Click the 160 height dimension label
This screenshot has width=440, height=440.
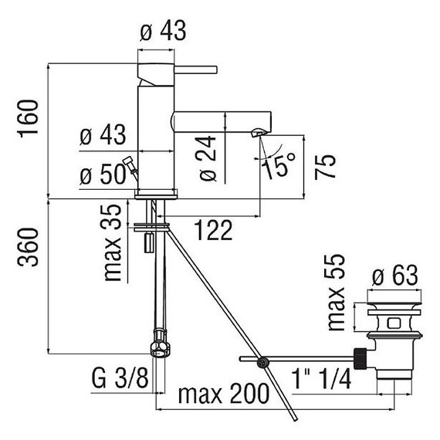tap(28, 118)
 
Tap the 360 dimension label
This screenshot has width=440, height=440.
tap(28, 247)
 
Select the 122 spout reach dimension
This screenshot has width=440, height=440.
tap(214, 230)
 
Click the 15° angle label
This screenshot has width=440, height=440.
tap(279, 165)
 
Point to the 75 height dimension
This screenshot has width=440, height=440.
tap(325, 168)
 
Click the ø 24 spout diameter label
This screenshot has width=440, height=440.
tap(208, 158)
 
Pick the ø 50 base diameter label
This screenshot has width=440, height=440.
tap(103, 174)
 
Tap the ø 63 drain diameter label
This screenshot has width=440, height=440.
tap(395, 276)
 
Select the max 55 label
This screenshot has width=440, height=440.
tap(336, 293)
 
